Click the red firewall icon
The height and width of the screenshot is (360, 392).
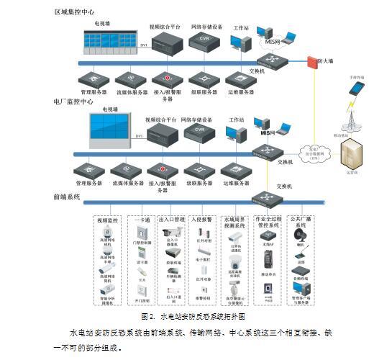point(312,63)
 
